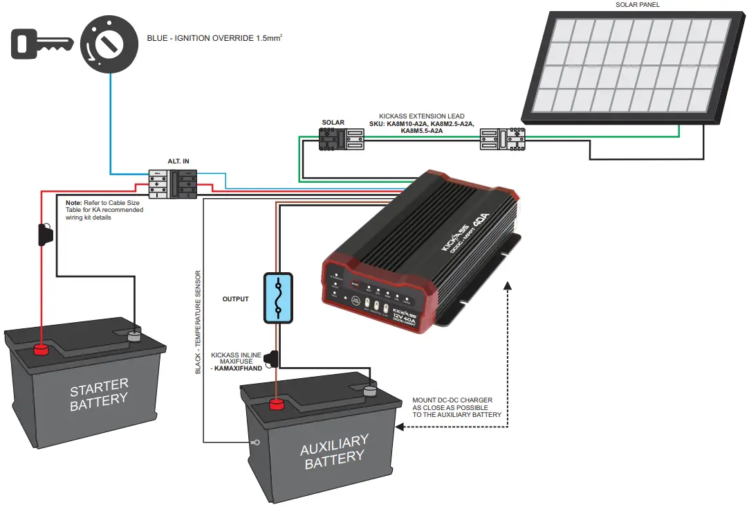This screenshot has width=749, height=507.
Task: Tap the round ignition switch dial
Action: point(107,44)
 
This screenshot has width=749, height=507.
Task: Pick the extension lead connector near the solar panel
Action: point(503,139)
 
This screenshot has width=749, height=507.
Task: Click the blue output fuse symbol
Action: point(278,297)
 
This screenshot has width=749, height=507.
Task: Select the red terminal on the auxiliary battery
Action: point(278,403)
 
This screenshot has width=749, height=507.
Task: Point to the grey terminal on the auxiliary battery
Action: point(371,391)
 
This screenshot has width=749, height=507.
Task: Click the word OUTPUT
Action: point(235,299)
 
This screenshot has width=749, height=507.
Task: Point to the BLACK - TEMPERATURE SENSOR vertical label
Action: point(198,322)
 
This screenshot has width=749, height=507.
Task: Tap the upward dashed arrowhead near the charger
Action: point(508,285)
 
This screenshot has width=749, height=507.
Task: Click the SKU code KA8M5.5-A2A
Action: point(421,130)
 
